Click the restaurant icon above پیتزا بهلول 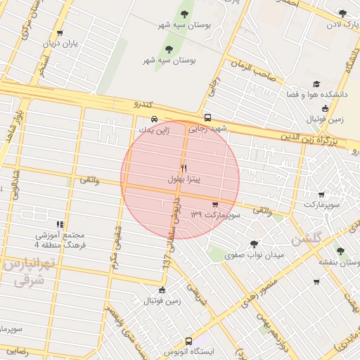184,168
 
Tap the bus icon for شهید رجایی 207,118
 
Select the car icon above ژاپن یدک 154,118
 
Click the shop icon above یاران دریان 59,32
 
